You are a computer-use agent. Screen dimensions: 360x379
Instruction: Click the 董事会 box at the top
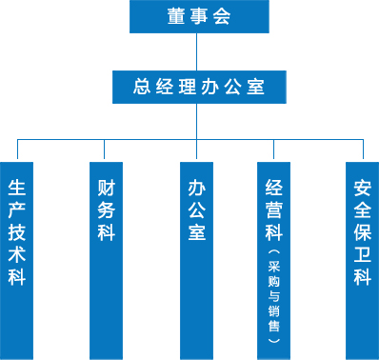[197, 15]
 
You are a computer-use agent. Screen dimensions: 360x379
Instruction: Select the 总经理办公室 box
[197, 88]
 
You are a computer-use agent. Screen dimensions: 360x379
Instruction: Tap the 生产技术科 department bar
[17, 257]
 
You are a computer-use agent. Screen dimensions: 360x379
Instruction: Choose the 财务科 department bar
[105, 257]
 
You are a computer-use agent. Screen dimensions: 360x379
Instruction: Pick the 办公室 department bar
[197, 257]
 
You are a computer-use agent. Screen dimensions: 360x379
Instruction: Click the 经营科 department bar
[274, 257]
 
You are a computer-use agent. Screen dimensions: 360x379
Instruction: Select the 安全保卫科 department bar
[362, 257]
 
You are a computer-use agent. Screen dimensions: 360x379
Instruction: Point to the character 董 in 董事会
[174, 15]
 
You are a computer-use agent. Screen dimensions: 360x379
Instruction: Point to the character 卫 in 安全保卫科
[362, 254]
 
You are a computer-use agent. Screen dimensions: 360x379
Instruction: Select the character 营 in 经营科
[274, 209]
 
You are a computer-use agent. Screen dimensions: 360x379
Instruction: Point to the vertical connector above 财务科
[105, 149]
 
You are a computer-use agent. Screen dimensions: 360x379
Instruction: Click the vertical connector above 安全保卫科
[362, 149]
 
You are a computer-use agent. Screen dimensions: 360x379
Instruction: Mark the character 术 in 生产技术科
[17, 254]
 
